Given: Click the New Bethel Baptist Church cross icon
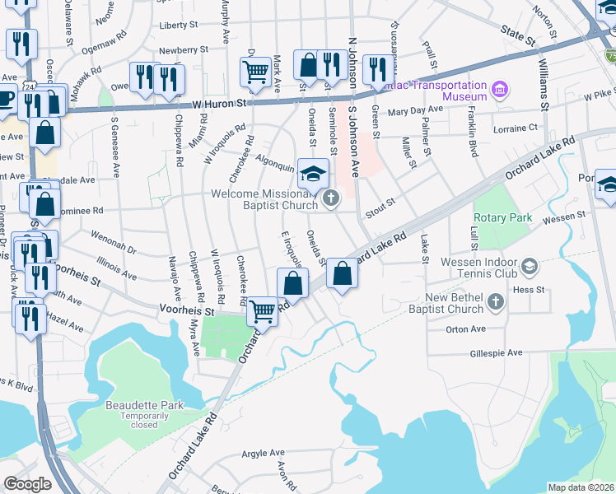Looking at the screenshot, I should click(x=496, y=302).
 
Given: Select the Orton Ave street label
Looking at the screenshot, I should click(x=466, y=329).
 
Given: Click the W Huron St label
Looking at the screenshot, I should click(x=220, y=104).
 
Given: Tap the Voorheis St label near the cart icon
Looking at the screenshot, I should click(x=187, y=312).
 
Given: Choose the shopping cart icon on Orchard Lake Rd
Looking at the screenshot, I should click(x=262, y=311).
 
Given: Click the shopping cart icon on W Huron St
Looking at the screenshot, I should click(x=255, y=72).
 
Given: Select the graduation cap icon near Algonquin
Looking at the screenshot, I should click(x=313, y=174).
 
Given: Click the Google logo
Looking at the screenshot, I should click(x=27, y=484).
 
